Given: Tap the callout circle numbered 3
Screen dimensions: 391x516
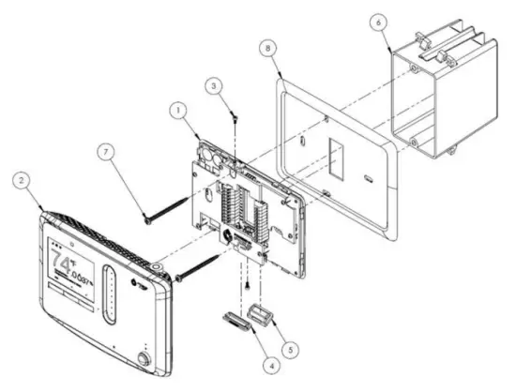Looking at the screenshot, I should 217,85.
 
